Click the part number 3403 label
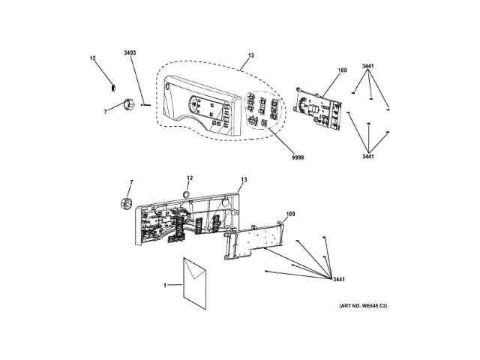130,52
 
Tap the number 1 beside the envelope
166,285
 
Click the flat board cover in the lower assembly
255,242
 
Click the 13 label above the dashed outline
250,56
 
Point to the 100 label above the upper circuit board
342,70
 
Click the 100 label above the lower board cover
290,214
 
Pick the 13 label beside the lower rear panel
243,180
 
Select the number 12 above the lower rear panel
189,178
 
